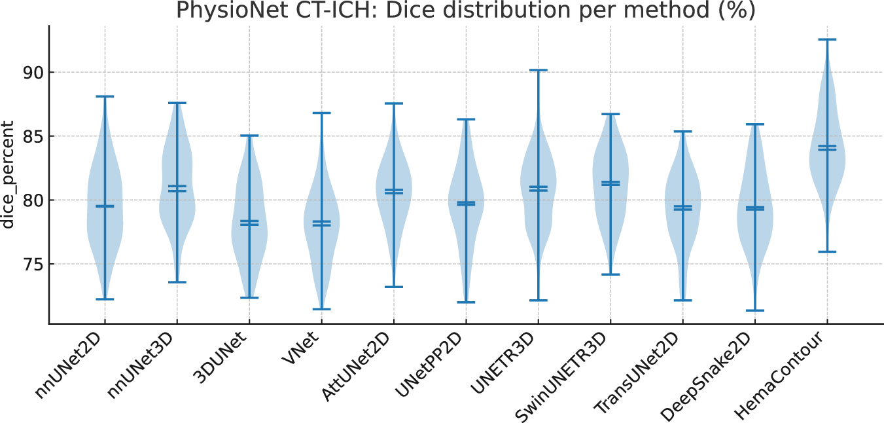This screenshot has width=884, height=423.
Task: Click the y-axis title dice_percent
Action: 9,175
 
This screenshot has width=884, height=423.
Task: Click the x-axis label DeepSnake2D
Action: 714,373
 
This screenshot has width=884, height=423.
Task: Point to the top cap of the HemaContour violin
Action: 827,40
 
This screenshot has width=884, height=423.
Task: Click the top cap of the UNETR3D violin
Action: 538,70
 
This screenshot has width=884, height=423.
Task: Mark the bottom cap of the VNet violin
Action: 321,309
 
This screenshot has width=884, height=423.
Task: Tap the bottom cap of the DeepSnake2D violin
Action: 754,310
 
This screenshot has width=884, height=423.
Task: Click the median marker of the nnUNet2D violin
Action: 105,206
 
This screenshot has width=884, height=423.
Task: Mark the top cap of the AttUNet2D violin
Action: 394,103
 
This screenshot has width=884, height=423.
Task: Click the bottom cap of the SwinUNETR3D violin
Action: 610,274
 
